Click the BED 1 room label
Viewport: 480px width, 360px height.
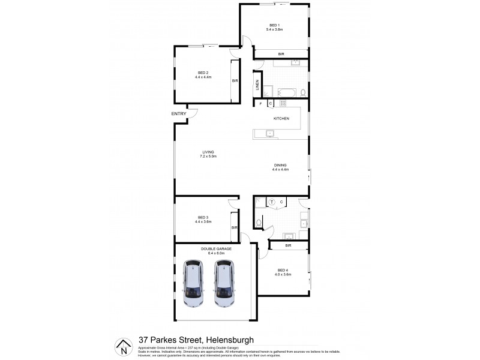(x=276, y=25)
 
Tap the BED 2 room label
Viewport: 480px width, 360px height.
(x=203, y=73)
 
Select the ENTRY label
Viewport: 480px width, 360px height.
(x=179, y=114)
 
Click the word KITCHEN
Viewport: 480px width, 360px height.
(x=281, y=119)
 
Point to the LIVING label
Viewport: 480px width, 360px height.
(x=208, y=152)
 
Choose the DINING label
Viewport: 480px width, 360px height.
(x=281, y=166)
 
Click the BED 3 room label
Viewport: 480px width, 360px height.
(x=203, y=217)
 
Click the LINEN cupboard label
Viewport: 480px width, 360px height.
(x=257, y=86)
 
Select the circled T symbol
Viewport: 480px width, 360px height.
(x=271, y=202)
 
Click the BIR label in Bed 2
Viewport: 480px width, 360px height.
(x=235, y=80)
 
